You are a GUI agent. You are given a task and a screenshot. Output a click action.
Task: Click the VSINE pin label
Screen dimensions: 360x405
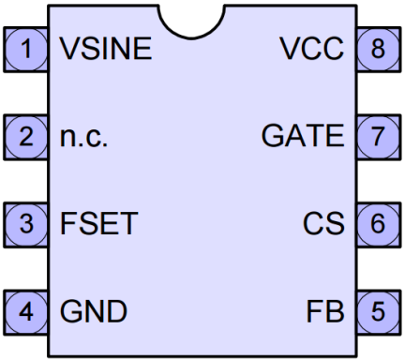pyautogui.click(x=106, y=49)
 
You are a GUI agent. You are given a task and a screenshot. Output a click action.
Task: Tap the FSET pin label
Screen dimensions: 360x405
pyautogui.click(x=99, y=224)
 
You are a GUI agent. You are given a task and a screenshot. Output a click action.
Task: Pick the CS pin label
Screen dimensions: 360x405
pyautogui.click(x=323, y=224)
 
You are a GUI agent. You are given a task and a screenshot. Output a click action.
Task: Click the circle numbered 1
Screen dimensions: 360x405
pyautogui.click(x=32, y=49)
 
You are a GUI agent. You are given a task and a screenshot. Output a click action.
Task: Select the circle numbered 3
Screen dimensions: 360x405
pyautogui.click(x=32, y=224)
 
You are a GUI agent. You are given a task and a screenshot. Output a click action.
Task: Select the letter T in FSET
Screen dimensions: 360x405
pyautogui.click(x=130, y=224)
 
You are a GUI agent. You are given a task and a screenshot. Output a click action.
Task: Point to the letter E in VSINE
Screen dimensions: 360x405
pyautogui.click(x=142, y=49)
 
